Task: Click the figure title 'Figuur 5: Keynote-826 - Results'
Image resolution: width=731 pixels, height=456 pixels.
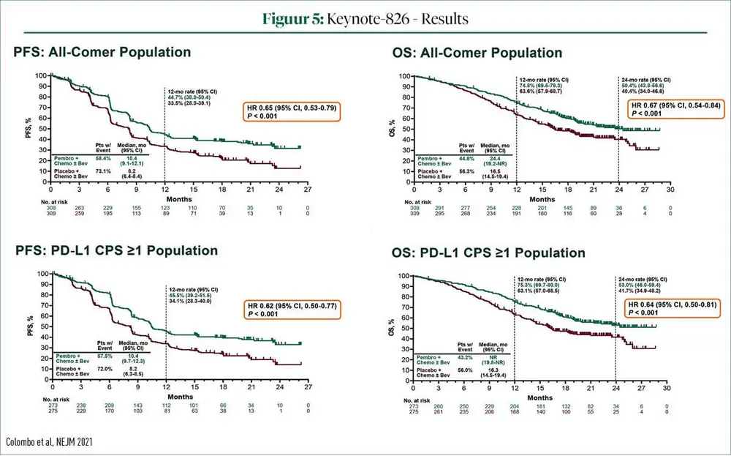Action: click(365, 17)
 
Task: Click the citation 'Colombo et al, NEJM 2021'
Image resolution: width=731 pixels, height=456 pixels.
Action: click(50, 441)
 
